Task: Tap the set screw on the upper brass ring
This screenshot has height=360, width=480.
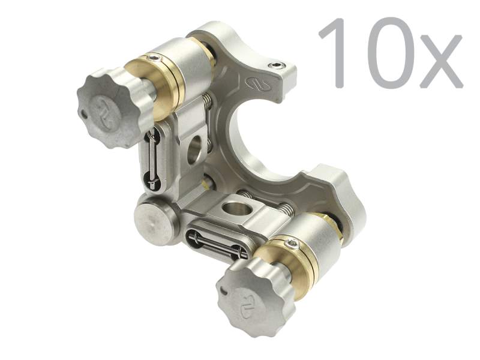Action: tap(155, 58)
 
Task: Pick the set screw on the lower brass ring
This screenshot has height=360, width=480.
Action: tap(292, 242)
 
